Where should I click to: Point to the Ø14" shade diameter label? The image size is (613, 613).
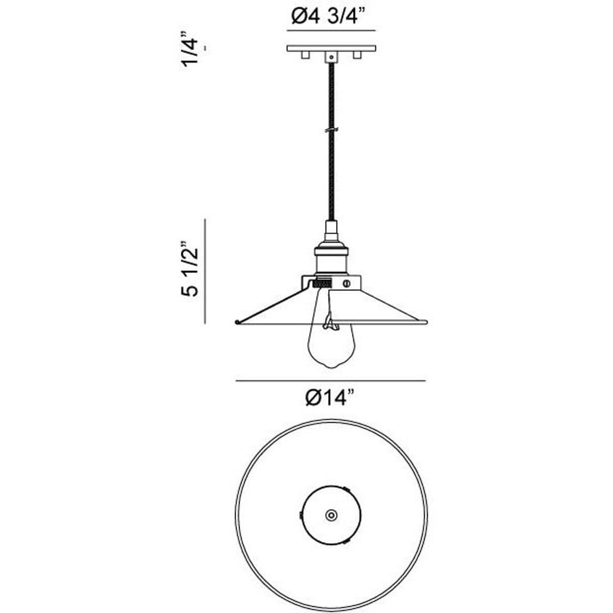pyautogui.click(x=330, y=397)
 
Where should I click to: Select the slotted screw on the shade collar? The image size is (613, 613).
pyautogui.click(x=347, y=282)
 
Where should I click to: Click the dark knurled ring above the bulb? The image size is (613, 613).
pyautogui.click(x=322, y=282)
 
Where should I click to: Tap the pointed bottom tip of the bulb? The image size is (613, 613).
pyautogui.click(x=331, y=367)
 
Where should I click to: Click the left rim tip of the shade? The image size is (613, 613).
pyautogui.click(x=236, y=322)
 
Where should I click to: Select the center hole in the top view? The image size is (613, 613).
pyautogui.click(x=331, y=515)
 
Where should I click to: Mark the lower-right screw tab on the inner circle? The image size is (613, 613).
pyautogui.click(x=347, y=541)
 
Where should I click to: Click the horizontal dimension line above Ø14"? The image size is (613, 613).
pyautogui.click(x=330, y=381)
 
